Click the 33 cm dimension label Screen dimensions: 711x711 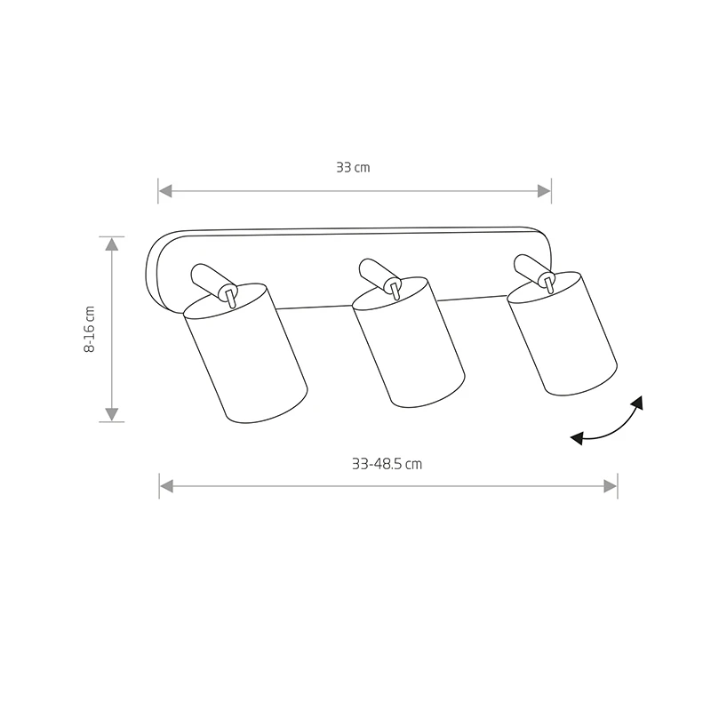[x=353, y=167]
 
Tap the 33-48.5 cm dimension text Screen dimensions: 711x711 [x=387, y=464]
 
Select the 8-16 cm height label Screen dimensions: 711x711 [x=90, y=329]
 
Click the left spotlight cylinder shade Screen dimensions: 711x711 [x=246, y=354]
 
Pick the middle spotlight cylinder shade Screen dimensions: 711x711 [x=409, y=342]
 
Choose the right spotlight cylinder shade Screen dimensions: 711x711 [x=563, y=333]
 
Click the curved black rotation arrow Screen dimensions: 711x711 [x=608, y=427]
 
